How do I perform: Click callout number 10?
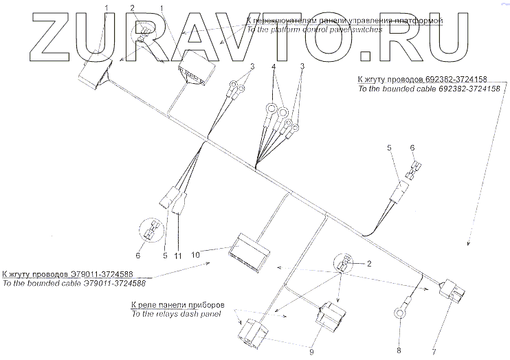tap(196, 254)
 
